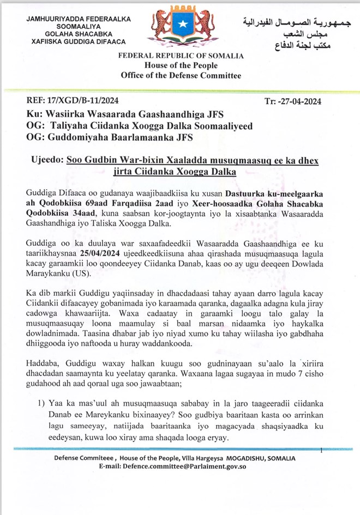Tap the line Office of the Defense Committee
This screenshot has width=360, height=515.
click(x=181, y=75)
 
